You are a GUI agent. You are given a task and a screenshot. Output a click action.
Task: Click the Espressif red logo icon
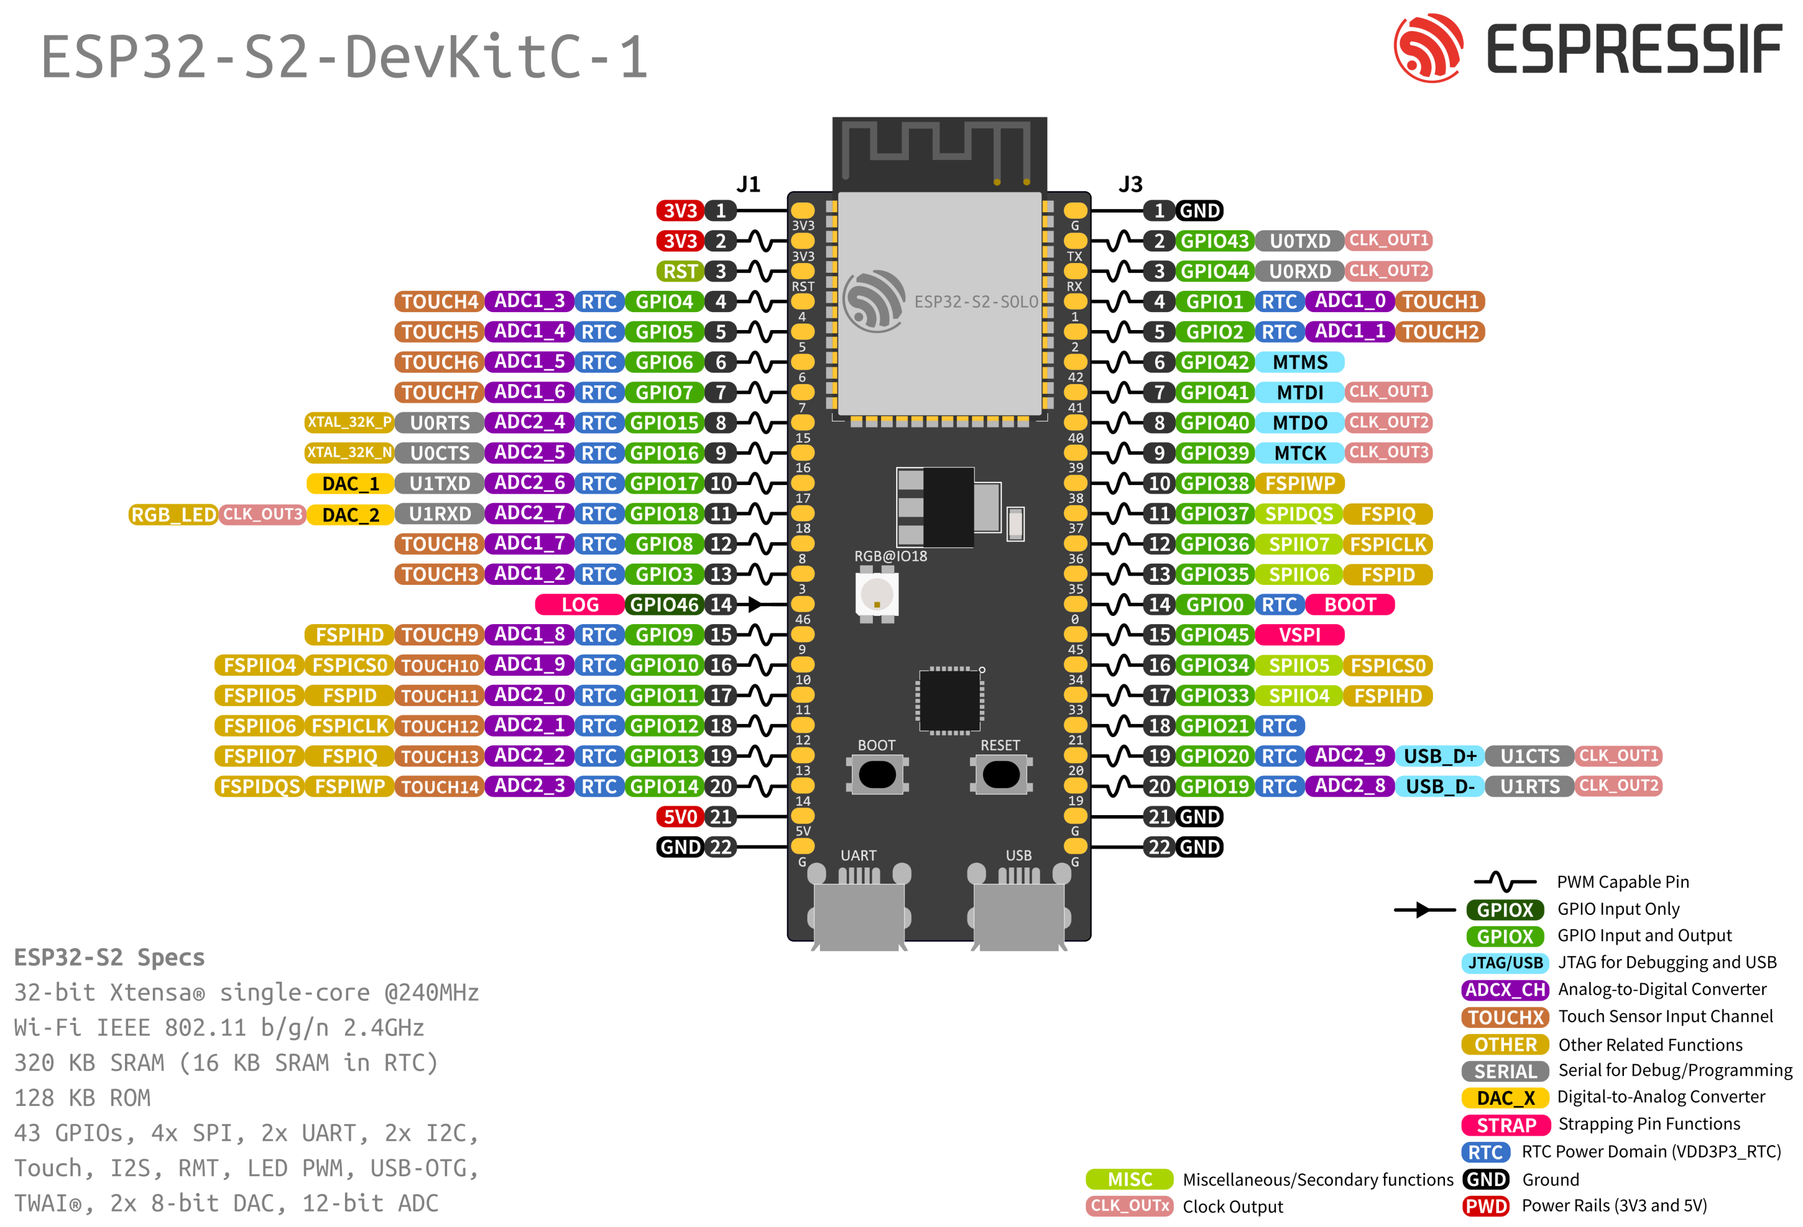[x=1427, y=48]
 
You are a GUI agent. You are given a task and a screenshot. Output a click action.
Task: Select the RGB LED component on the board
[x=877, y=595]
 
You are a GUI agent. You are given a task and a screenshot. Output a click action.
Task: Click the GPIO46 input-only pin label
[x=664, y=604]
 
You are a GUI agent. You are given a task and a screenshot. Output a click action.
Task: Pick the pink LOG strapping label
[x=580, y=604]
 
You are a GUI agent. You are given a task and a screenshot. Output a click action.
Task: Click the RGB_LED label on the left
[x=173, y=514]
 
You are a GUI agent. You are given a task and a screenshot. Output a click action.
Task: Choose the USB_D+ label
[x=1439, y=756]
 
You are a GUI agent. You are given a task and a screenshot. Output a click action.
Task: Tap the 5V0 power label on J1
[x=680, y=816]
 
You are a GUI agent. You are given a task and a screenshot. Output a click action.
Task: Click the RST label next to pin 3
[x=680, y=272]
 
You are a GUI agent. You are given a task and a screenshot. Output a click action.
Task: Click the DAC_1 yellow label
[x=350, y=483]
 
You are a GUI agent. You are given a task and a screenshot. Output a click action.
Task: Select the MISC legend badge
[x=1129, y=1179]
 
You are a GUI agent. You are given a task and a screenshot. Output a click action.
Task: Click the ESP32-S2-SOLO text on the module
[x=975, y=302]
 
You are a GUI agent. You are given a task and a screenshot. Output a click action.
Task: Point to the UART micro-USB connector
[x=858, y=911]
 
